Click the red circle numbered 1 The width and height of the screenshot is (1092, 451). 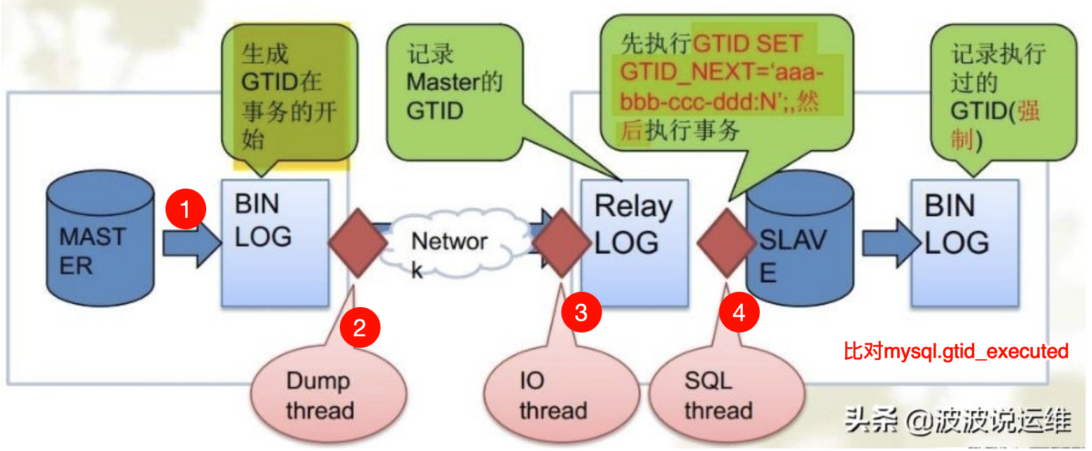coord(185,208)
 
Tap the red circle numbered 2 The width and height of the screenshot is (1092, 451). coord(360,327)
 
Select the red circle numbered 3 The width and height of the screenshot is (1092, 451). coord(581,312)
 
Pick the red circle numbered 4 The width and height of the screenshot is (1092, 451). coord(739,312)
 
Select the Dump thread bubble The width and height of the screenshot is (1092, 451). coord(328,395)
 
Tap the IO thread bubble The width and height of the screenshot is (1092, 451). coord(560,395)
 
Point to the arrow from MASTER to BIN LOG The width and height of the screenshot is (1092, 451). coord(190,243)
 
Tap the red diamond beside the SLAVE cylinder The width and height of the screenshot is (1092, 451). coord(726,242)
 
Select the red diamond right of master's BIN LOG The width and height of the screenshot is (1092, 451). coord(358,242)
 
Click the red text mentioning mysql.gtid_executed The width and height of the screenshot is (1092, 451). coord(956,351)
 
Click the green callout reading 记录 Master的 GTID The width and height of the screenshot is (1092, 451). coord(454,89)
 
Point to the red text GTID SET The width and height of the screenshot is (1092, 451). coord(748,43)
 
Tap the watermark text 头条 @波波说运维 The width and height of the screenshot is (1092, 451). coord(958,420)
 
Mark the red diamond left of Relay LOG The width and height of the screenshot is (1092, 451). coord(561,242)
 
